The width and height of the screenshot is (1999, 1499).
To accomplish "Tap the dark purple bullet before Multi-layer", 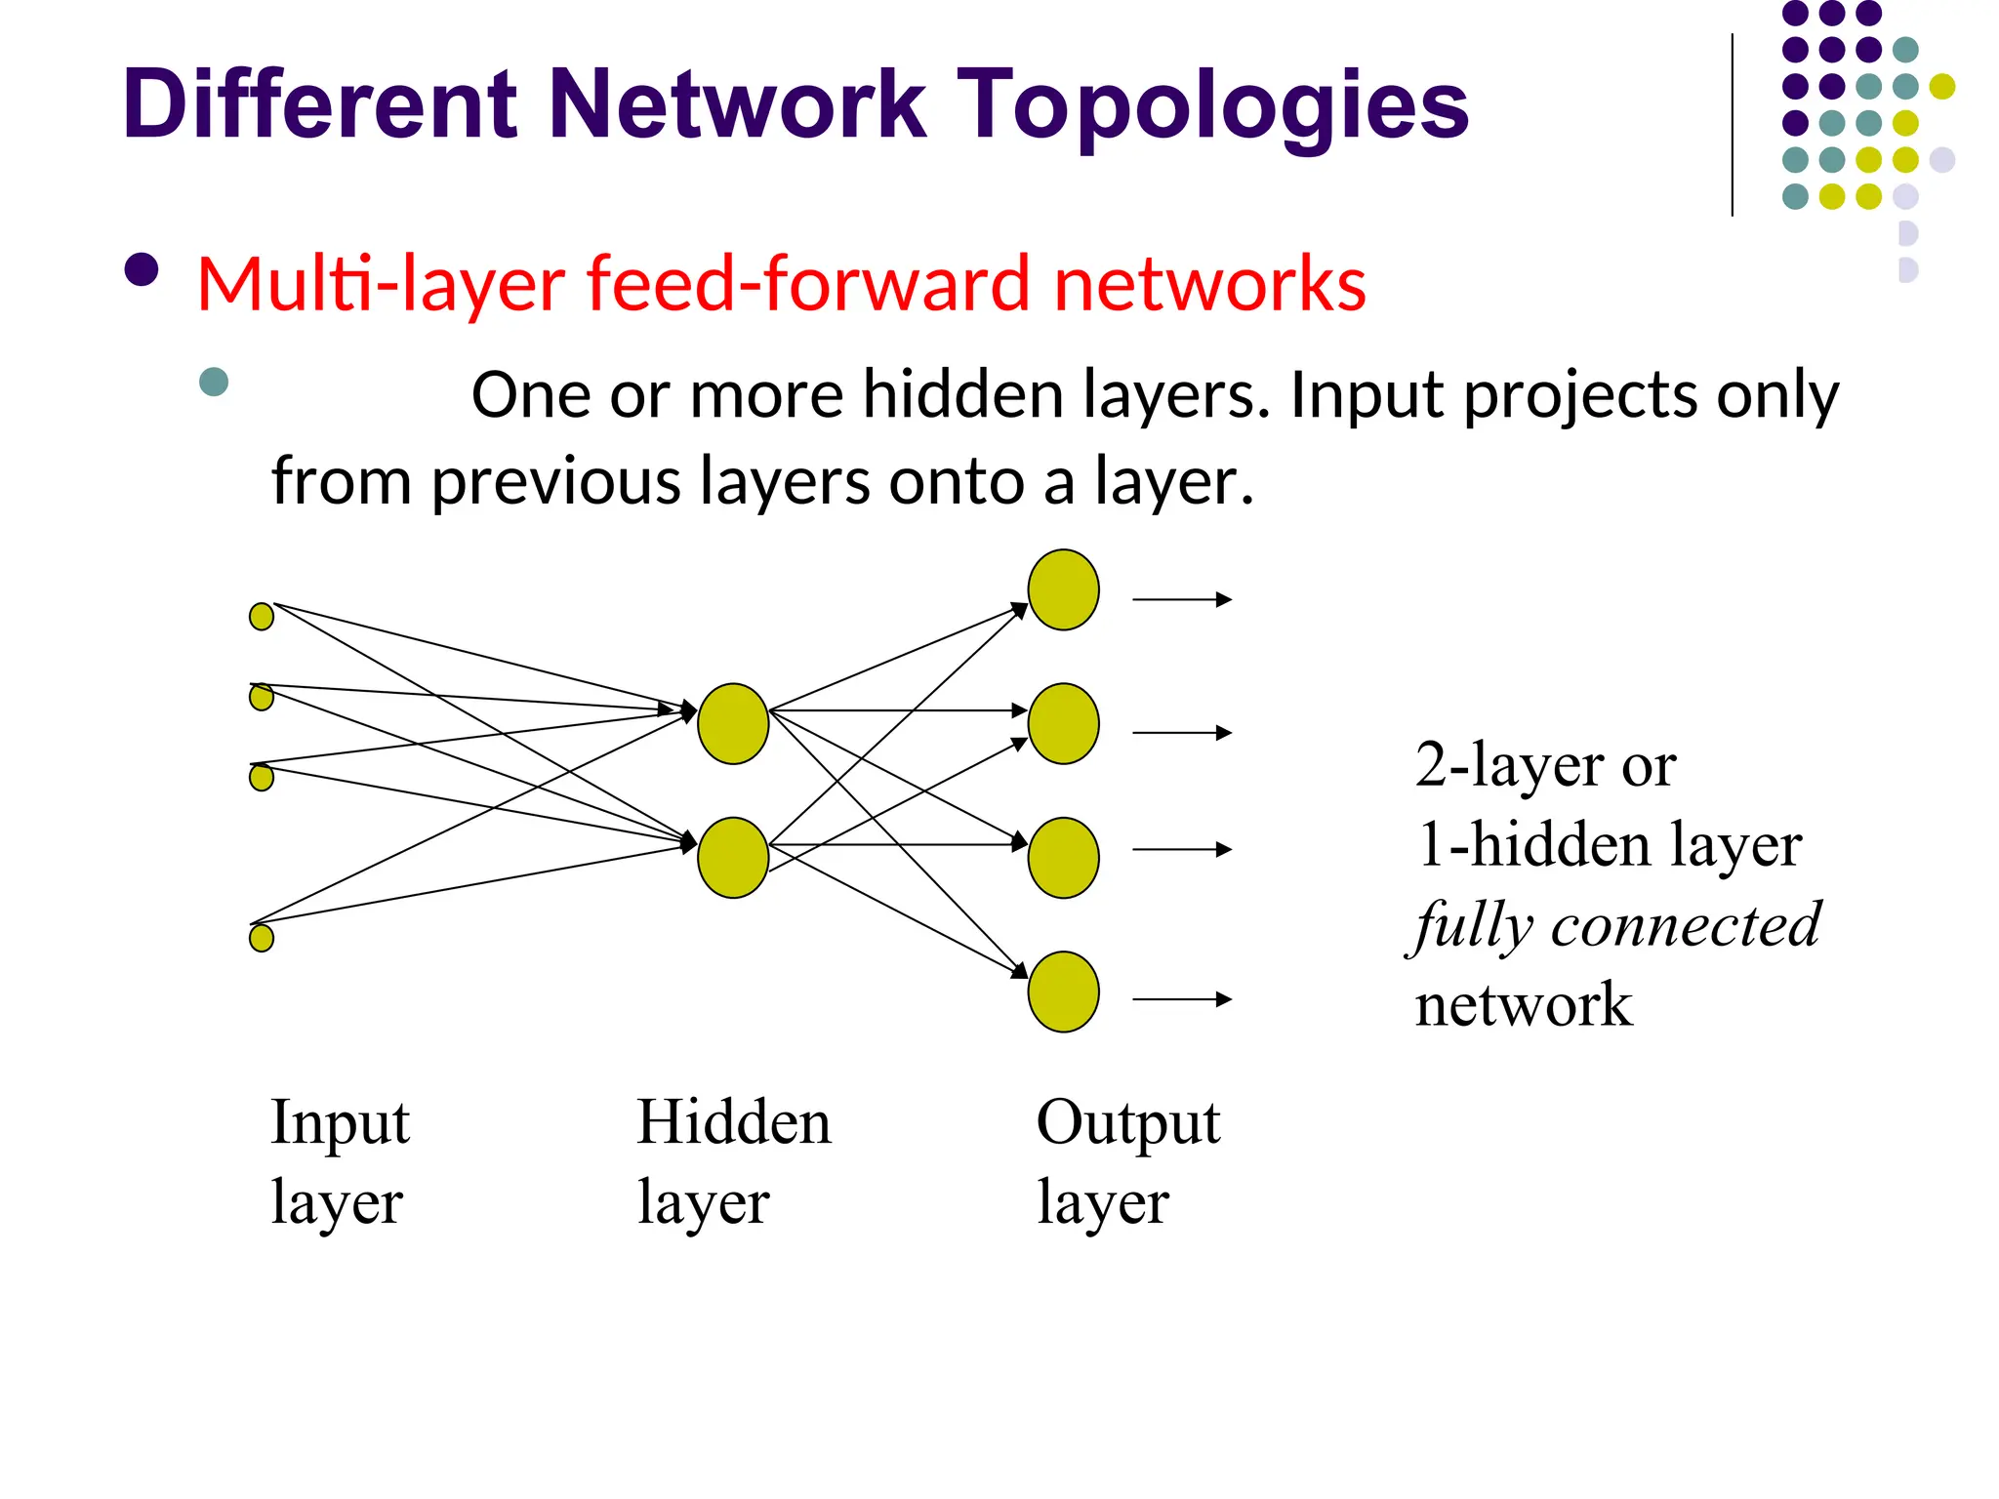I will point(143,270).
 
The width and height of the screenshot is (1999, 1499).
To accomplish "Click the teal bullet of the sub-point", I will point(214,382).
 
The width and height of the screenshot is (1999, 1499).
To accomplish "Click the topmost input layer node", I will point(262,617).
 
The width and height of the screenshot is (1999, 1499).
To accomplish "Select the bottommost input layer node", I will point(262,938).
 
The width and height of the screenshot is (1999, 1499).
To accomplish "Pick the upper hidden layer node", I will point(733,723).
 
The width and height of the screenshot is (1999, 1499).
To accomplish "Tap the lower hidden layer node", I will point(733,857).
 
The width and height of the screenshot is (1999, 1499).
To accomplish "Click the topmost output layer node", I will point(1063,589).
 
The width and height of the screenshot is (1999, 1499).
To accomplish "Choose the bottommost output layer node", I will point(1063,992).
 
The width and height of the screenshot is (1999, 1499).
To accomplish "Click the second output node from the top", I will point(1063,723).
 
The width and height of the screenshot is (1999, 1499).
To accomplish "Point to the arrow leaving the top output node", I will point(1181,599).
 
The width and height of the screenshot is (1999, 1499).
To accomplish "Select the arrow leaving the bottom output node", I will point(1181,999).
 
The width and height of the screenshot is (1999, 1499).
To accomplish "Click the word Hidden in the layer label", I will point(734,1122).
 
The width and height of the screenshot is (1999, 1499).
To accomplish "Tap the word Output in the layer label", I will point(1127,1122).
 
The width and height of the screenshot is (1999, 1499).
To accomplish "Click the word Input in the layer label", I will point(340,1122).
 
